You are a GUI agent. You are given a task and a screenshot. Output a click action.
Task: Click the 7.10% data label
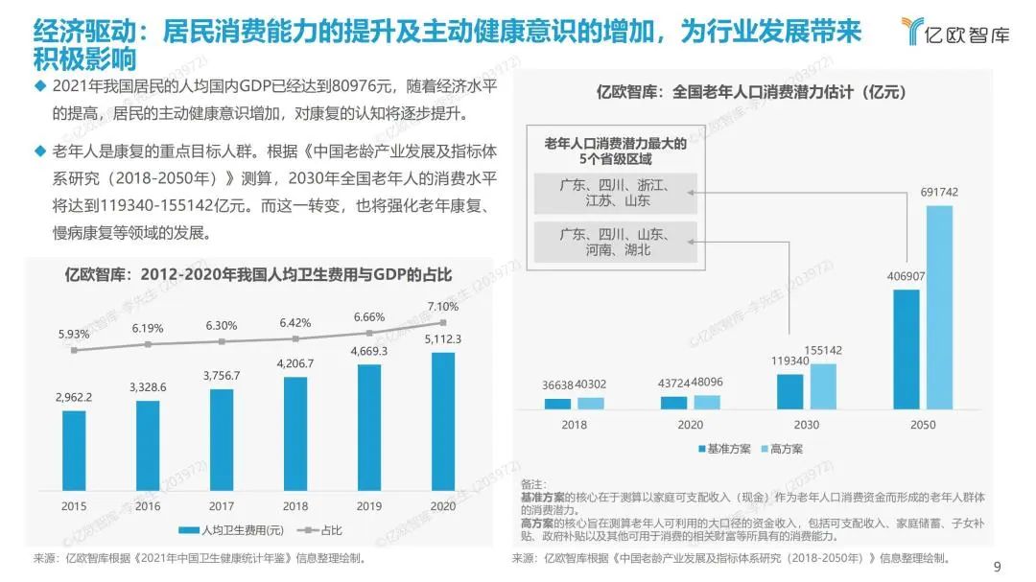coord(443,306)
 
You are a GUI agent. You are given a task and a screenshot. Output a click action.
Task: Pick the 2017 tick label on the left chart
coord(222,505)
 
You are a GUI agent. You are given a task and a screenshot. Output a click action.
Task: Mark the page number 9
coord(998,565)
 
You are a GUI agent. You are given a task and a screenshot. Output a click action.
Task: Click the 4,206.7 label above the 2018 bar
coord(295,363)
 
